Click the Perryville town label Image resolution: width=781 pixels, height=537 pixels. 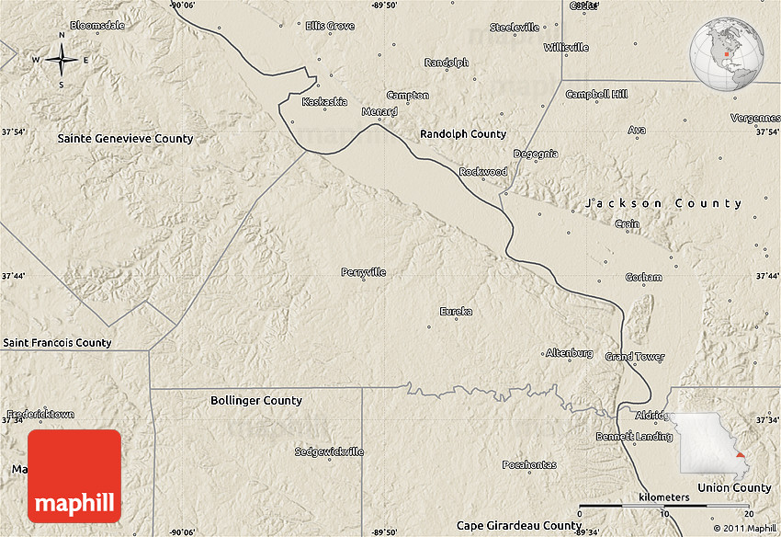[363, 272]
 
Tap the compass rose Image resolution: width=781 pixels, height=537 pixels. [62, 61]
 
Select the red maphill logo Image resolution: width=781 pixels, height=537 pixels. [74, 475]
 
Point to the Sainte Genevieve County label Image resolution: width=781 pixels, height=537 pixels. [125, 139]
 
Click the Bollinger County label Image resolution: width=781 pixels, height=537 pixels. [255, 401]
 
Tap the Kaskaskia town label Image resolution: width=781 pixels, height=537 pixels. [325, 102]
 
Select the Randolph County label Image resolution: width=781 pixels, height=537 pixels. [463, 134]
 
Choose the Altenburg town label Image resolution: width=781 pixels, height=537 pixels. [570, 353]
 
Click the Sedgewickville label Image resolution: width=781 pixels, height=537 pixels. [329, 452]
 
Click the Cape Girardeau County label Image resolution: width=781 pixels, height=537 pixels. [520, 526]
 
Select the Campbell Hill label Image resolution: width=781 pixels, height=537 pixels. [596, 95]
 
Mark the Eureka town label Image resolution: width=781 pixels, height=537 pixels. [456, 312]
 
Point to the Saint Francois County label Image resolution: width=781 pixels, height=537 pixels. [57, 343]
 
